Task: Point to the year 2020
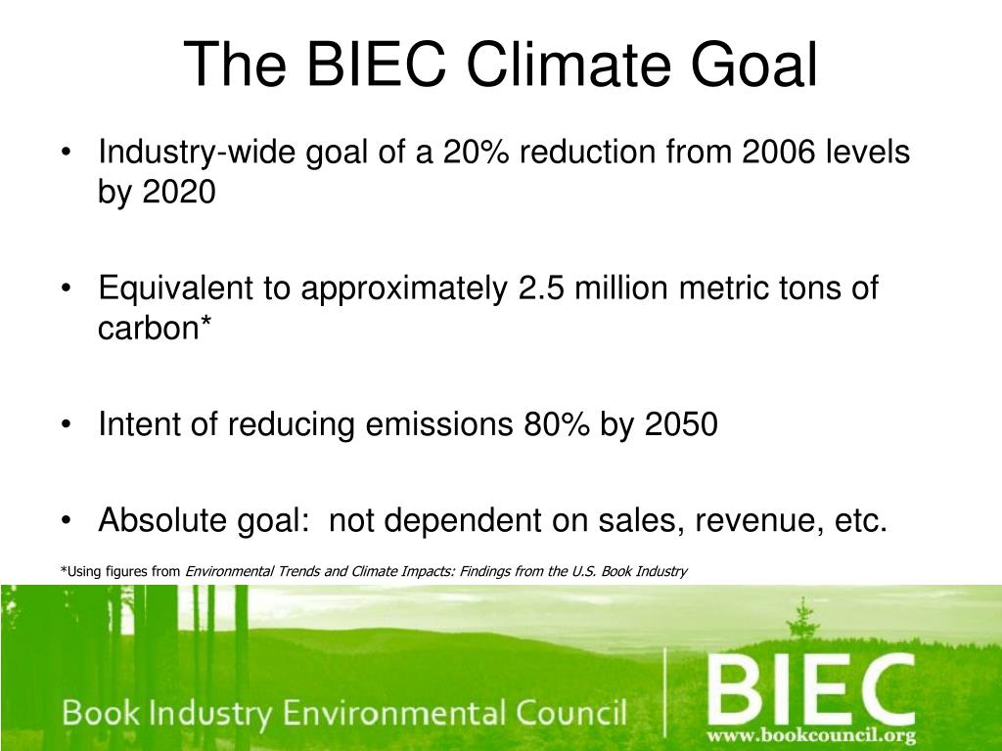[180, 192]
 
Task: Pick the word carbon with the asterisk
[155, 328]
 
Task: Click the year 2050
[681, 424]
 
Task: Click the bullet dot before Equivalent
[66, 289]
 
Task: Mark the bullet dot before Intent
[66, 425]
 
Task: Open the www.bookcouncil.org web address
[811, 735]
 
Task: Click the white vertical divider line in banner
[665, 692]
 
